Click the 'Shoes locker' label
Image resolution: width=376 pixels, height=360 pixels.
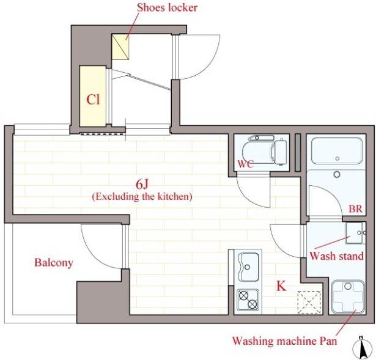(x=167, y=8)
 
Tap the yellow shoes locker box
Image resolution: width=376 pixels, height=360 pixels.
(x=120, y=46)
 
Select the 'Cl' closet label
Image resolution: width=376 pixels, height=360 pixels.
(x=93, y=99)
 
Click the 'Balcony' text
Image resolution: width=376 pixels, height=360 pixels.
(x=54, y=263)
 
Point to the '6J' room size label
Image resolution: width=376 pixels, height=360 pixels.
(x=142, y=184)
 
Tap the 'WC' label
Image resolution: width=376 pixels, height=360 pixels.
(x=245, y=164)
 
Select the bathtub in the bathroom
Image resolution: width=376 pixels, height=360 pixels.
(x=337, y=150)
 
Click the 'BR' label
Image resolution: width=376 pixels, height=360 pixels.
(x=355, y=209)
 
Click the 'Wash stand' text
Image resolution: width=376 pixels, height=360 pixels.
(x=337, y=256)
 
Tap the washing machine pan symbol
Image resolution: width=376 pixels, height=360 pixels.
(x=348, y=297)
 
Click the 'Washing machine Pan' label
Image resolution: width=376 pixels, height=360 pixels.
(x=285, y=340)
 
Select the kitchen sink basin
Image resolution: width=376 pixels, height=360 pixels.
(x=249, y=267)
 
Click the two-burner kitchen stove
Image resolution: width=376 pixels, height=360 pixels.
(x=248, y=299)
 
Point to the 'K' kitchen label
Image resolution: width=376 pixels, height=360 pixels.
(x=281, y=286)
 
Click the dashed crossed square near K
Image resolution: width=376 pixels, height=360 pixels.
(x=309, y=302)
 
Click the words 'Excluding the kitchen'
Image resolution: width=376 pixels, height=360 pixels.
(x=142, y=197)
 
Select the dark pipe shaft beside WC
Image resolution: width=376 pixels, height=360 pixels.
(x=298, y=153)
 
